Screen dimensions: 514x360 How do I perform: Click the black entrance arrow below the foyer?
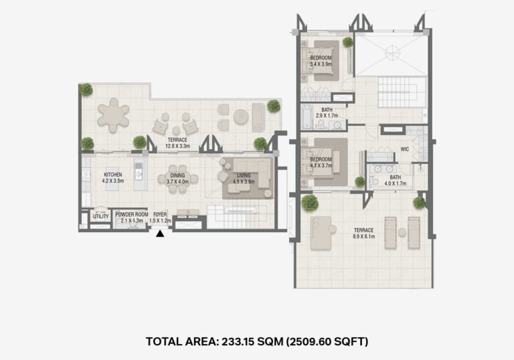pos(160,234)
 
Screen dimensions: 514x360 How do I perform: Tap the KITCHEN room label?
pos(112,175)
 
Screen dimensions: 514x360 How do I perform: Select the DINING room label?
pos(177,175)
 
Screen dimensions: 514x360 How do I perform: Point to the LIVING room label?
pos(244,175)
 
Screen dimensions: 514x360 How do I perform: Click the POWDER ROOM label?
pos(132,214)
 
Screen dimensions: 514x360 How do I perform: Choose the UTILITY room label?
pos(100,216)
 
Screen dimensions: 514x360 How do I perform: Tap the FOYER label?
pos(160,214)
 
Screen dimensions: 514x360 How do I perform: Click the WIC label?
pos(405,149)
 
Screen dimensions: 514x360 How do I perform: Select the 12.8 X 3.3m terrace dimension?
pos(177,146)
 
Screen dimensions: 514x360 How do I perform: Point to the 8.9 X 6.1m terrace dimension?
pos(364,236)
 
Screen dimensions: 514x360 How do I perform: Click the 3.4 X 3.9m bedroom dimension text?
pos(321,64)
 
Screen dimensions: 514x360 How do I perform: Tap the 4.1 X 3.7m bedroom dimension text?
pos(321,165)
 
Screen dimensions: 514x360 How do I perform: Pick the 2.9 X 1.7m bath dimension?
pos(327,116)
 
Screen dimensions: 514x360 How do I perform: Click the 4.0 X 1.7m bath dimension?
pos(396,183)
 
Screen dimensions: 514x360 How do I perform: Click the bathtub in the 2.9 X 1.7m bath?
pos(307,116)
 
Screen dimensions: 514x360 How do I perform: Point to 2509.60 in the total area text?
pos(315,342)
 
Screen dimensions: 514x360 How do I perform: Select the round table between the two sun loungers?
pos(402,232)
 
